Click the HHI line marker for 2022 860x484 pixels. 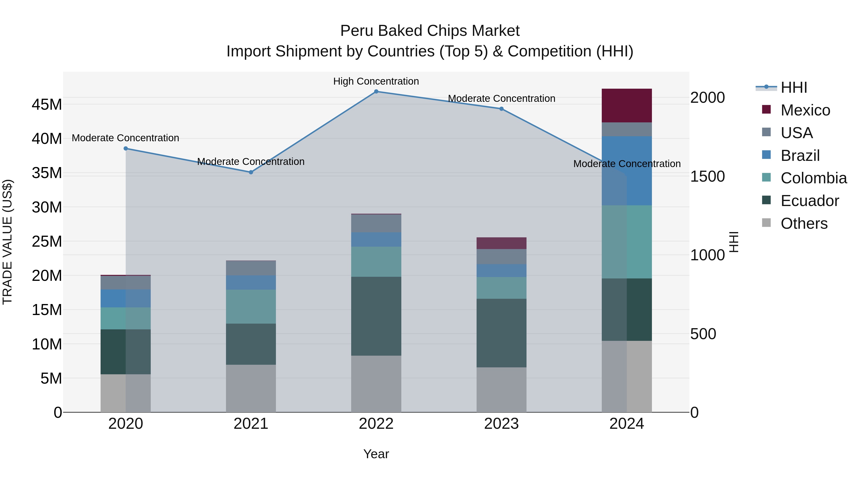coord(376,92)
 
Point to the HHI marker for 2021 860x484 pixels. coord(251,172)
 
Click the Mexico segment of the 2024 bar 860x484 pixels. coord(626,106)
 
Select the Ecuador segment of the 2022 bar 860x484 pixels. coord(376,316)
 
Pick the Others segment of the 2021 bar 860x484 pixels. coord(251,388)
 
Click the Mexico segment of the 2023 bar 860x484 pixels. coord(501,243)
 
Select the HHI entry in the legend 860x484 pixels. coord(794,87)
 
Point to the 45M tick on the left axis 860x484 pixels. coord(47,104)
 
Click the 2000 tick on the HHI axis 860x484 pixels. coord(707,98)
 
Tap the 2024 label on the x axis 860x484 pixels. coord(626,424)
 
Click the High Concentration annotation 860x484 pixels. coord(376,81)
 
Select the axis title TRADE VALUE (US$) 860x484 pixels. coord(7,242)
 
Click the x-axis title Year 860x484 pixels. coord(376,454)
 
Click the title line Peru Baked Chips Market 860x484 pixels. coord(430,31)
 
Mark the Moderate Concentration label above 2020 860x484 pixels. coord(125,138)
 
